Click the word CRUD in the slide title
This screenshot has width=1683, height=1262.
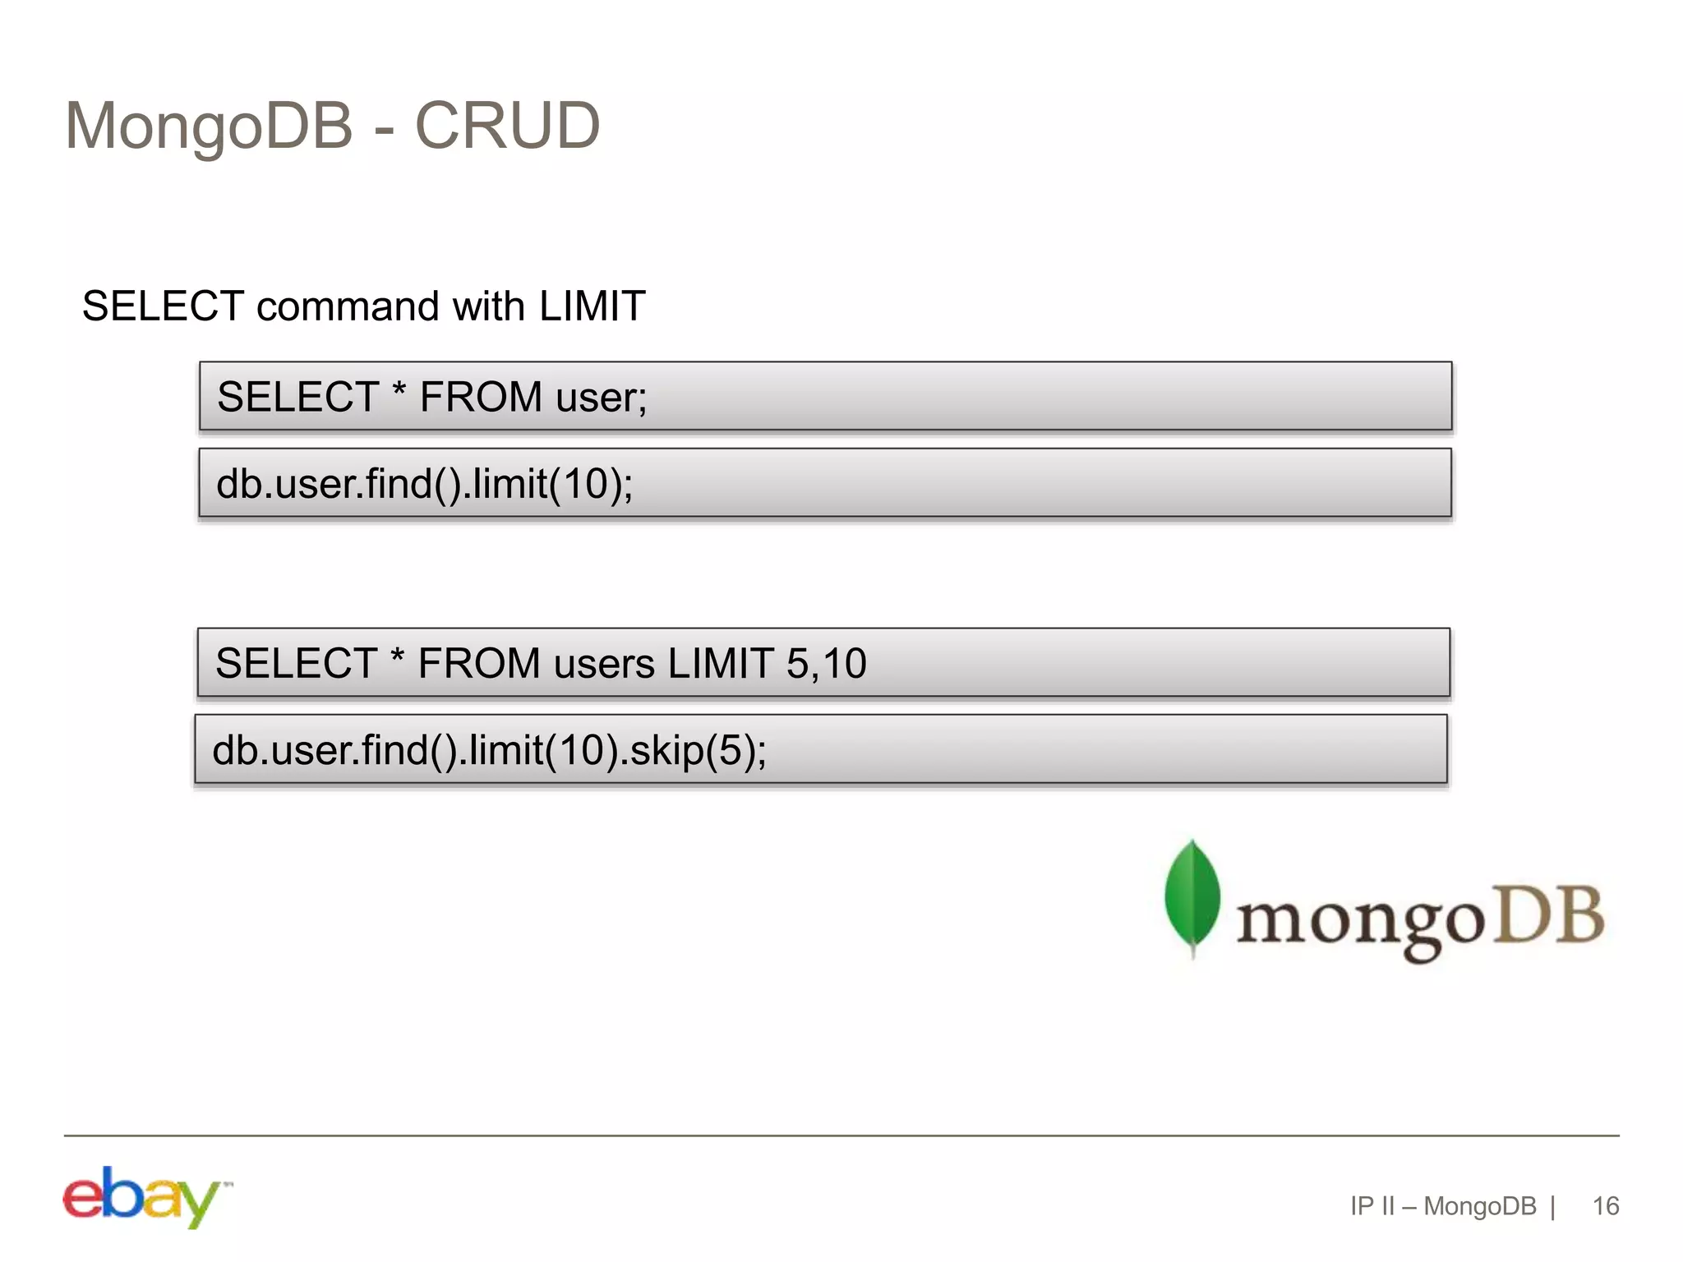507,126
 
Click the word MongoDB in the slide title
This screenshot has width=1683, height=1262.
209,126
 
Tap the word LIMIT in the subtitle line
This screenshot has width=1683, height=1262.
592,306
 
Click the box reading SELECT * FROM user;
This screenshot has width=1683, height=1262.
825,397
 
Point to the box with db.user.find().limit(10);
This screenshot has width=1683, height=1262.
825,483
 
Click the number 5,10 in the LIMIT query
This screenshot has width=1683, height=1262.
826,663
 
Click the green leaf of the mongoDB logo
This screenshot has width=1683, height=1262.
1192,896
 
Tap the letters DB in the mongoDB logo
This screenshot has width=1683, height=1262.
1547,914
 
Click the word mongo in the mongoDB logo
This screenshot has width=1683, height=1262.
1360,920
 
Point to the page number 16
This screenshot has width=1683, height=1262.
1605,1206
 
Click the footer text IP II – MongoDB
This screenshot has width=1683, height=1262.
1443,1206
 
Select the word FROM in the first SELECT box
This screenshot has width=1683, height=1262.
481,397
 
